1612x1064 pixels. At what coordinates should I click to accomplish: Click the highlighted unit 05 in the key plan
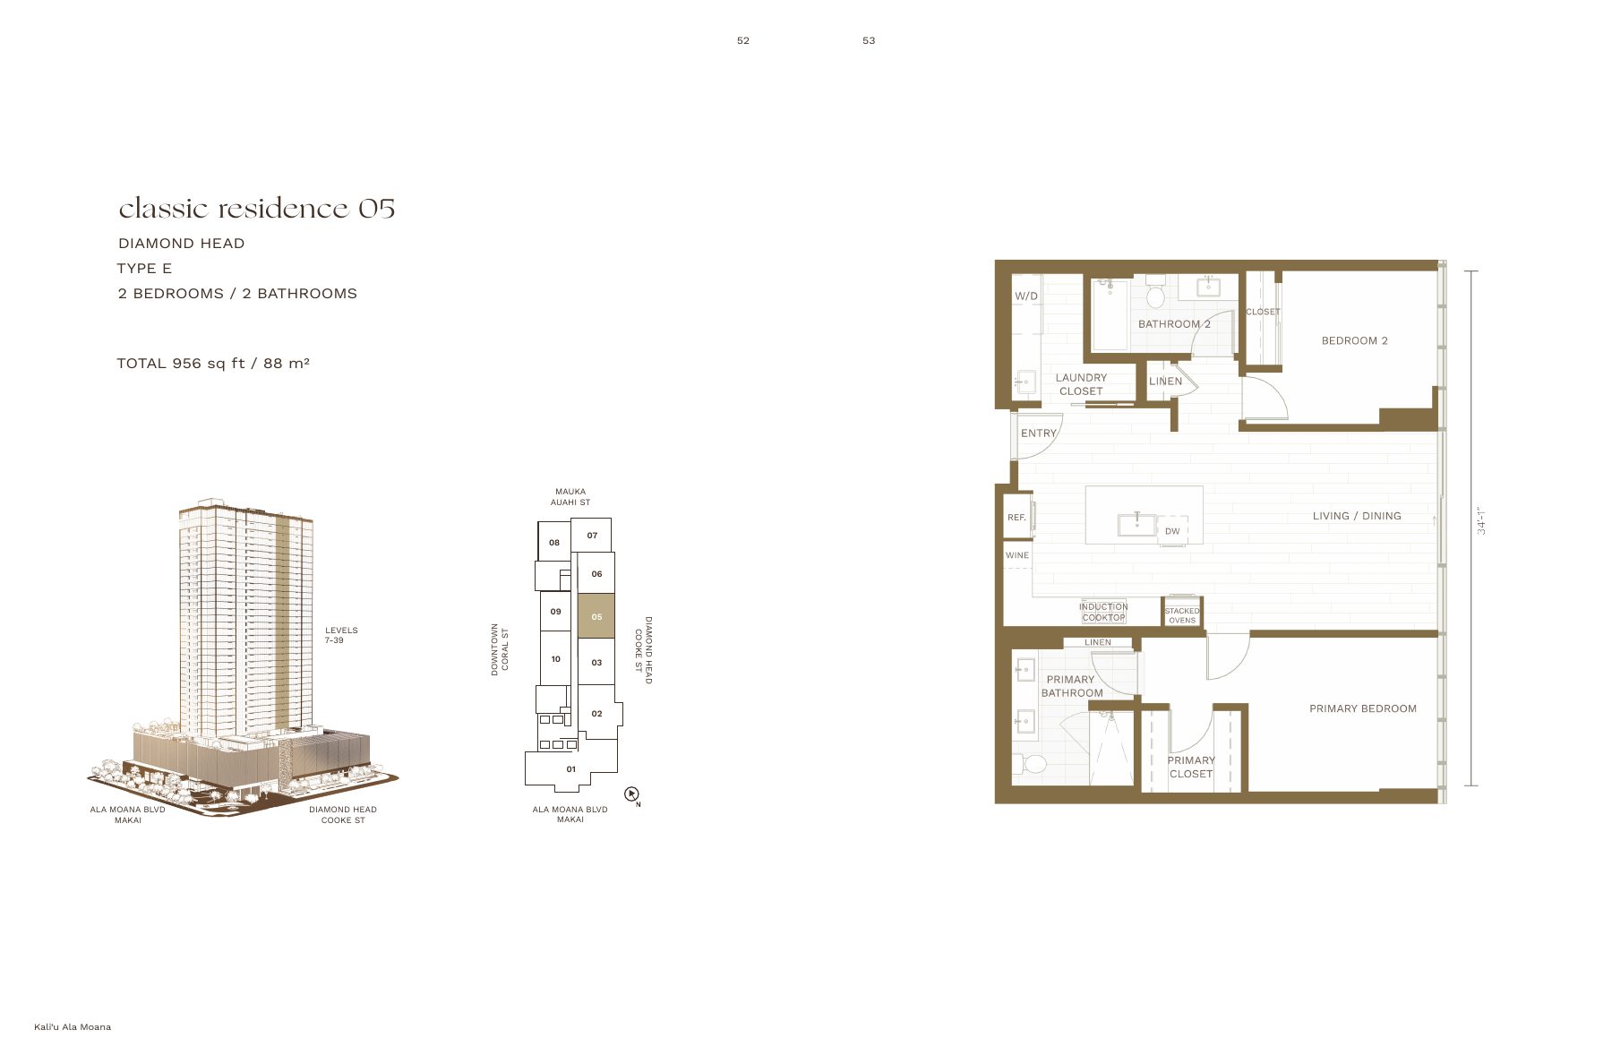click(596, 615)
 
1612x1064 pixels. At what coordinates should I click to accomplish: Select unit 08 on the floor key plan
click(554, 542)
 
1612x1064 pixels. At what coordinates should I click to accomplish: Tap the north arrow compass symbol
click(631, 794)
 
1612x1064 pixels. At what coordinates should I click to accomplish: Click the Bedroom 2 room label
click(1354, 340)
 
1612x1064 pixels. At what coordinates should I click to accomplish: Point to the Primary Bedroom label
click(1363, 708)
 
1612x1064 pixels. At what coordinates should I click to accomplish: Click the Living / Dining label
click(1357, 516)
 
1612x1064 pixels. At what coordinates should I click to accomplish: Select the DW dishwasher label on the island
click(1172, 531)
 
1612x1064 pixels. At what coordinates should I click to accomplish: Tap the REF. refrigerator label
click(1016, 518)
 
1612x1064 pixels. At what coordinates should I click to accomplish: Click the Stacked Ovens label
click(1182, 615)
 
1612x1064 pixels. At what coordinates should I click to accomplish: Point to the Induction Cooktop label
click(1103, 612)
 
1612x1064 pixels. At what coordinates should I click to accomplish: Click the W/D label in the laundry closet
click(1026, 296)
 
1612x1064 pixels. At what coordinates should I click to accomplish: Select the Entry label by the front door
click(1039, 433)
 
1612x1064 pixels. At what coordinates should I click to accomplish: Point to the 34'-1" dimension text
click(1481, 519)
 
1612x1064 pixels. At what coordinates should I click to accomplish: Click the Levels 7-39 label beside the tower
click(341, 635)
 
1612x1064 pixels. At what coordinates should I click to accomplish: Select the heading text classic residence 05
click(257, 209)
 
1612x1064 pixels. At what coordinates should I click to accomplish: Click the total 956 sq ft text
click(213, 363)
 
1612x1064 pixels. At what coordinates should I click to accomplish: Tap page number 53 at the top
click(869, 40)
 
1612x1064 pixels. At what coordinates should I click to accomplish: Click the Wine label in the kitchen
click(1017, 555)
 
